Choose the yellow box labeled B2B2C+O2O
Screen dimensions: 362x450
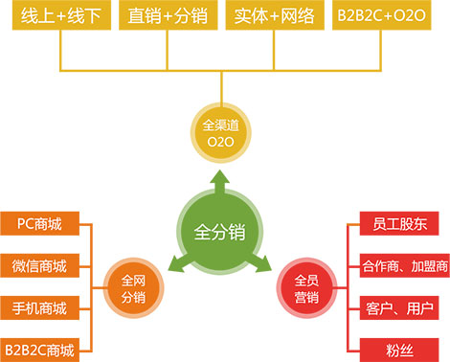[x=386, y=18]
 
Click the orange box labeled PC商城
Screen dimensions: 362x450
[x=39, y=224]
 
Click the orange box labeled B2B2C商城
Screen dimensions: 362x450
[x=39, y=347]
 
